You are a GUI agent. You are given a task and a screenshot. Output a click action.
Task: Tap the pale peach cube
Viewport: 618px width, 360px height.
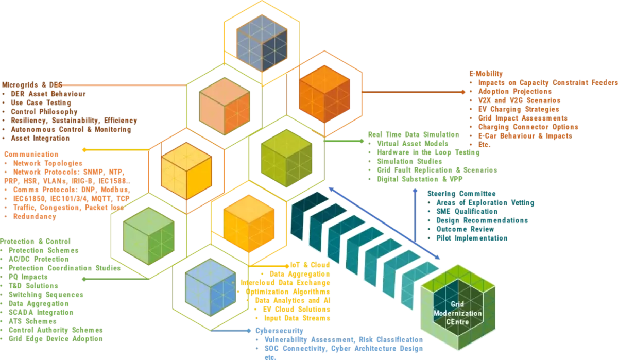225,107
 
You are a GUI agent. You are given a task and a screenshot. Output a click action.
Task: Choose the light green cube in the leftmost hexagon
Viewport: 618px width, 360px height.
148,235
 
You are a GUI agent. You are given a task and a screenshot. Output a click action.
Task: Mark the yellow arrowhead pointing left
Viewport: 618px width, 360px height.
84,150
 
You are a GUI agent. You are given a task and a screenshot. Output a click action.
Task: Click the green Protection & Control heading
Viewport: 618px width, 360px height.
28,241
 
